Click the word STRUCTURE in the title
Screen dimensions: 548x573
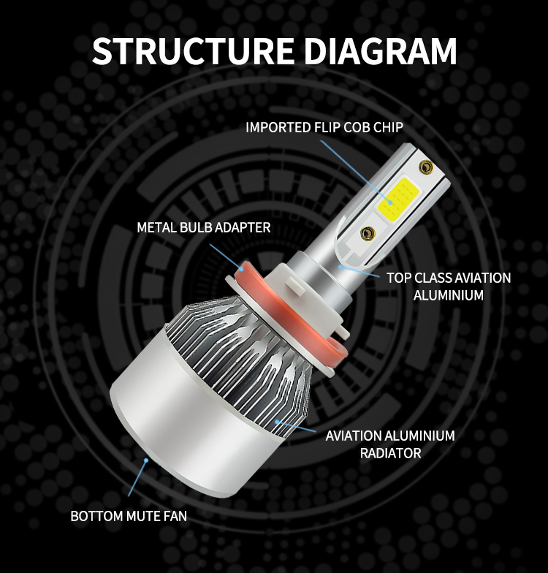193,50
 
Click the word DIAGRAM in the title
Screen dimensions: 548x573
380,50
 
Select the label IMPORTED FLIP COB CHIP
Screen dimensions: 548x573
324,127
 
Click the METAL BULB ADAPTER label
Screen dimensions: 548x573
203,227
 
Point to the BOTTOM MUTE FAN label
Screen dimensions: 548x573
129,516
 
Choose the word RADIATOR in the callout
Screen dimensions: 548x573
390,453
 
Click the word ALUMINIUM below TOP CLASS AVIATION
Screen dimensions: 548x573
449,295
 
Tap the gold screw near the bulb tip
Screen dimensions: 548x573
425,167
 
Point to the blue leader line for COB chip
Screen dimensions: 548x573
356,171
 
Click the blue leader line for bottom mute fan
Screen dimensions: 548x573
137,478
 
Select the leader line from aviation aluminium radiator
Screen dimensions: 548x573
297,427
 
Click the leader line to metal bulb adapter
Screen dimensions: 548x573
226,257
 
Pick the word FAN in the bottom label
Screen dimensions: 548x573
175,516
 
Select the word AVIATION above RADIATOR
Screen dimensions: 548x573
354,436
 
